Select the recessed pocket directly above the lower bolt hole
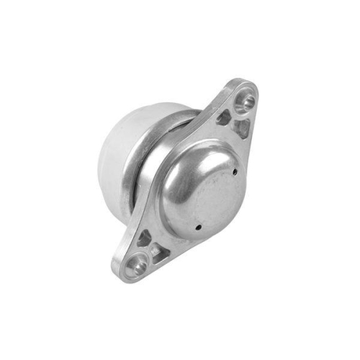pyautogui.click(x=143, y=238)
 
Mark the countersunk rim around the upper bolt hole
pyautogui.click(x=238, y=97)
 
